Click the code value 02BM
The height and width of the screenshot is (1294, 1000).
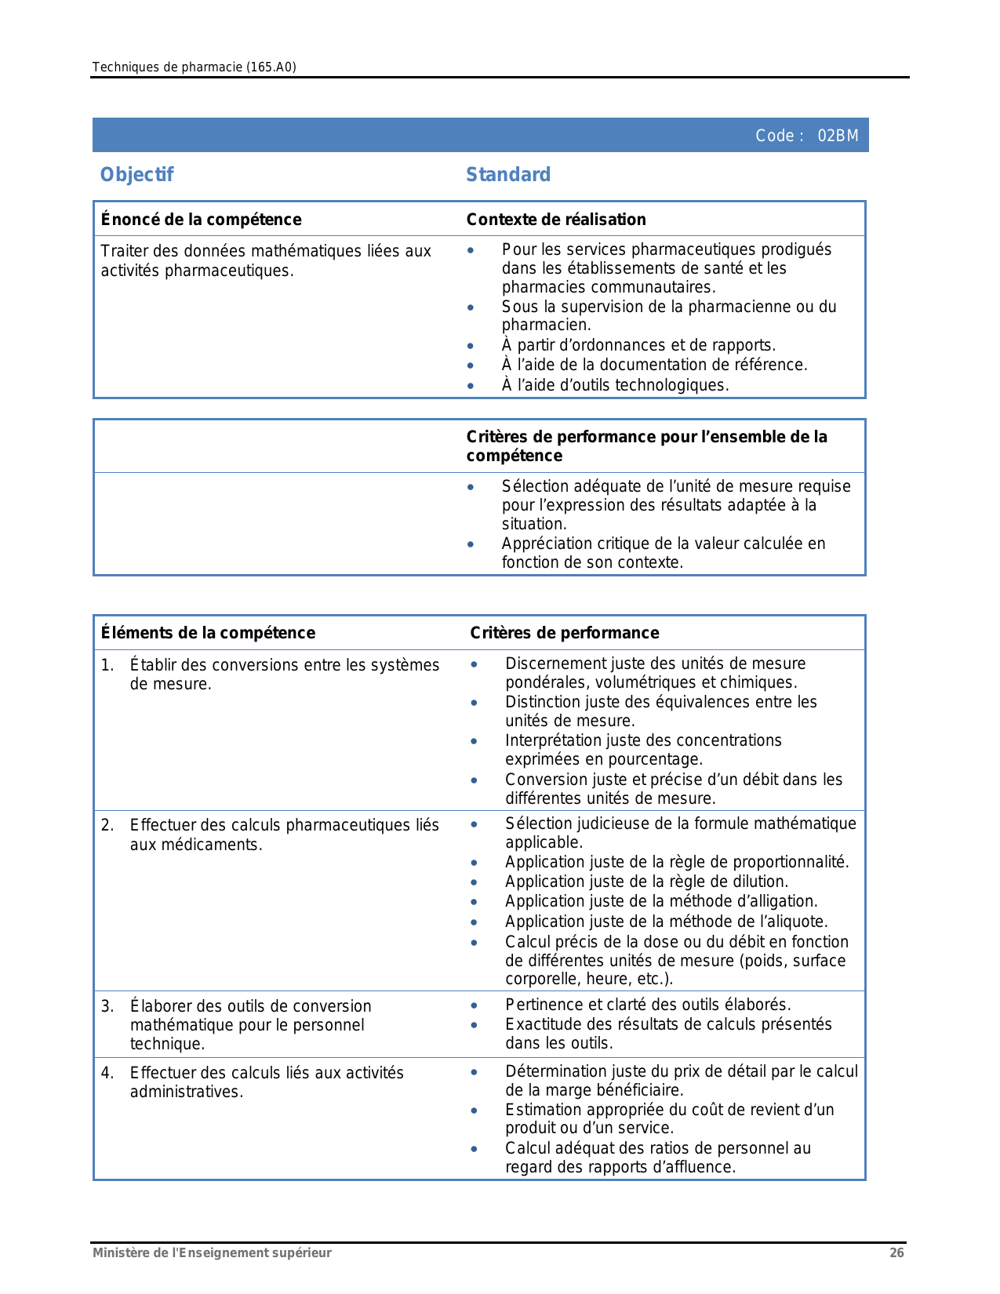(838, 136)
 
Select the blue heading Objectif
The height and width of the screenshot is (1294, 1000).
(136, 174)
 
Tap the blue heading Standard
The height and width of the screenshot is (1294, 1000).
(508, 174)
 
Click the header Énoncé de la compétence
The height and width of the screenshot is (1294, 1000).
(201, 220)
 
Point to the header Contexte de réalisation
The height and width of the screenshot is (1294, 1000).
(556, 220)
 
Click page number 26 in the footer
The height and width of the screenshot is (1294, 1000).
(896, 1252)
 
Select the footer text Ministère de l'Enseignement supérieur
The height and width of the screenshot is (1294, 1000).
(212, 1252)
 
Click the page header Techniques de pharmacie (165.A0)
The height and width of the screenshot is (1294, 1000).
(194, 67)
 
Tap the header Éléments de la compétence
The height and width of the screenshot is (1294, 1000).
(208, 633)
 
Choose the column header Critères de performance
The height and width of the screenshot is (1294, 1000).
(565, 633)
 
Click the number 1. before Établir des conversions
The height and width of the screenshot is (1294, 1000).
(107, 665)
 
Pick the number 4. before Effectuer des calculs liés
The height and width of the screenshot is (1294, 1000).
(107, 1073)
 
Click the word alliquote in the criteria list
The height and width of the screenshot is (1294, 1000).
(799, 921)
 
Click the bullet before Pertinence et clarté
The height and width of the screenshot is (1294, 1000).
(474, 1005)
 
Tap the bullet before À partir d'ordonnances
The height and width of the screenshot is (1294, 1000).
(471, 346)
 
